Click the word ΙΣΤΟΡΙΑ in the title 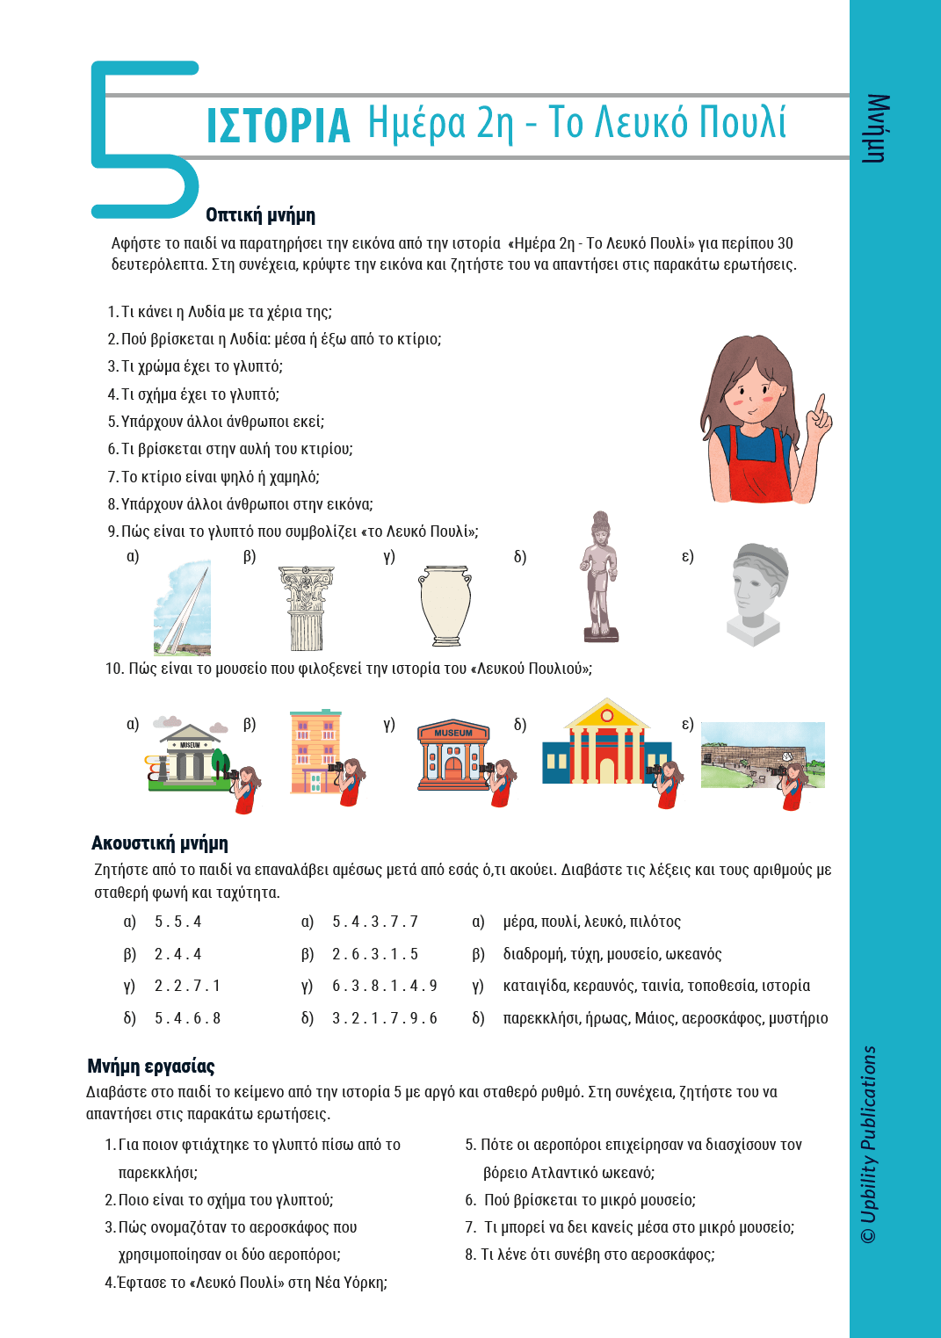(x=278, y=126)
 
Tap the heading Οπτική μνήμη (x=260, y=215)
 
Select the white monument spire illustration (x=183, y=610)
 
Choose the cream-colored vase (x=445, y=606)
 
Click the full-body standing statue (x=600, y=578)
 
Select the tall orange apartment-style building (x=315, y=751)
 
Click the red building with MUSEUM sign (x=452, y=754)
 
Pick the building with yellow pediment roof (x=606, y=742)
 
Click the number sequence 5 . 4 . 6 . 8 (x=187, y=1018)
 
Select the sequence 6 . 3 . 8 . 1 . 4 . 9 (x=384, y=986)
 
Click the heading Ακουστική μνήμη (x=160, y=843)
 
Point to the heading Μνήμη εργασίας (x=151, y=1067)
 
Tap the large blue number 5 (x=141, y=141)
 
